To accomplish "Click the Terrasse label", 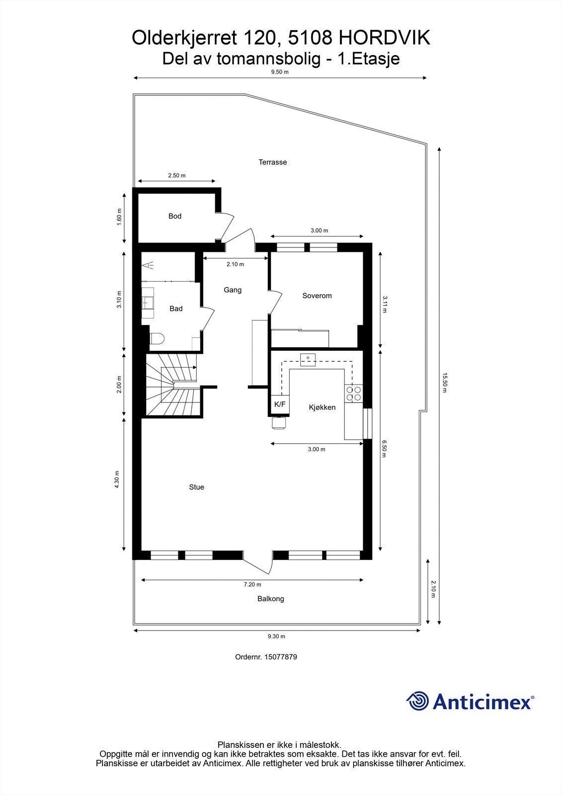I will point(272,162).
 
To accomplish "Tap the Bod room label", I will point(175,216).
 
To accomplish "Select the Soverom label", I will point(317,296).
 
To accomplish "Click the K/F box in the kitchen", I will point(280,404).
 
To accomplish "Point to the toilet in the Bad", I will point(157,339).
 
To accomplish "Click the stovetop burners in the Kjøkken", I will point(354,394).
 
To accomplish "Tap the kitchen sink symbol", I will point(308,359).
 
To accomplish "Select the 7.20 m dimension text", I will point(252,585).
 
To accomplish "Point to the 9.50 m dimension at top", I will point(279,72).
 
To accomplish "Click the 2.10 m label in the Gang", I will point(235,264).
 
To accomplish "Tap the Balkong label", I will point(271,599).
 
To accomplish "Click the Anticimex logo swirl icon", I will point(418,701).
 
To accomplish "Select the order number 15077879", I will point(281,657).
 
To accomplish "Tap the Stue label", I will point(196,487).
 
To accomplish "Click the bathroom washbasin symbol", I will point(148,301).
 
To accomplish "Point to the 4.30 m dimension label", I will point(117,479).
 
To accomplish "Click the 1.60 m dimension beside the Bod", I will point(119,217).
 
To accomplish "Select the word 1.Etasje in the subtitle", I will point(369,59).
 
